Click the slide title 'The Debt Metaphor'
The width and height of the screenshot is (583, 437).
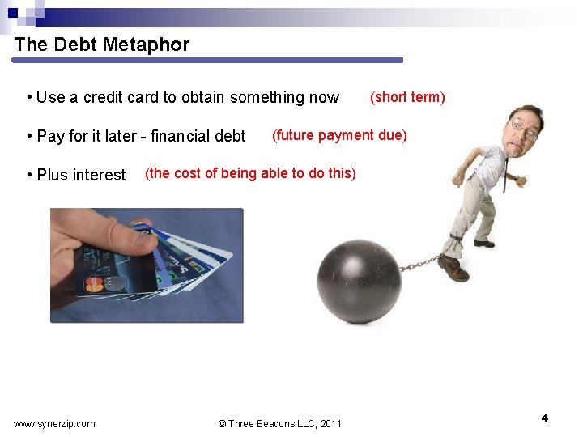tap(101, 45)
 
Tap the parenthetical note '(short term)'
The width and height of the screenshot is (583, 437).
tap(407, 97)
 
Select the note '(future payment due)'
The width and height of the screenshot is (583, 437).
tap(339, 135)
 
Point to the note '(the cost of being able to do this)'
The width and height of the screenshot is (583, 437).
tap(250, 173)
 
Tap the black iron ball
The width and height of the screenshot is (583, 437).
tap(359, 280)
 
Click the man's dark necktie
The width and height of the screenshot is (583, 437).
tap(505, 174)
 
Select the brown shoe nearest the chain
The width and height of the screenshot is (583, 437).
tap(453, 269)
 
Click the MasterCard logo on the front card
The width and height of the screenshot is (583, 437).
tap(96, 284)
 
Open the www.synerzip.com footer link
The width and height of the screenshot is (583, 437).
tap(54, 423)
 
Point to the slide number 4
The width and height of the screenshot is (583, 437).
tap(544, 418)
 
